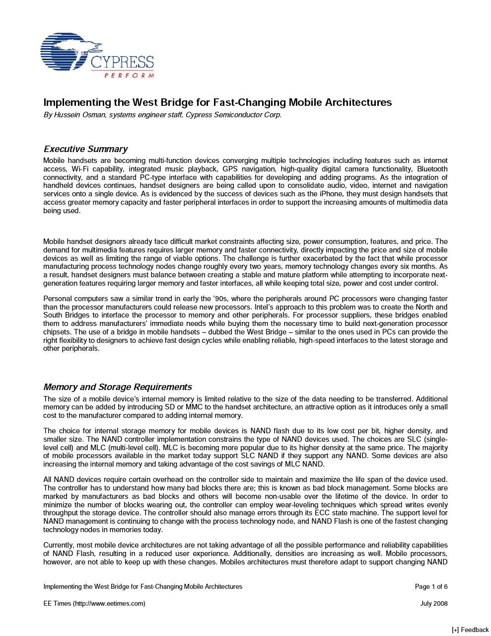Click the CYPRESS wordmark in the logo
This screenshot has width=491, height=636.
(x=122, y=63)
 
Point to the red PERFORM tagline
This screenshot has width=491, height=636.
(x=129, y=76)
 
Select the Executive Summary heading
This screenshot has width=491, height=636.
(x=85, y=149)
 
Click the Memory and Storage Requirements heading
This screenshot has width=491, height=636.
(x=117, y=387)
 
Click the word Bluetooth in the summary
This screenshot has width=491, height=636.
(x=432, y=169)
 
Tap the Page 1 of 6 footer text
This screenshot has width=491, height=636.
(x=431, y=587)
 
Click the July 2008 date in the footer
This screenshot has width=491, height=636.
(x=433, y=604)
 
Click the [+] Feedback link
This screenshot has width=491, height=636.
(x=470, y=630)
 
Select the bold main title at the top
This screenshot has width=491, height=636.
(x=217, y=102)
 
